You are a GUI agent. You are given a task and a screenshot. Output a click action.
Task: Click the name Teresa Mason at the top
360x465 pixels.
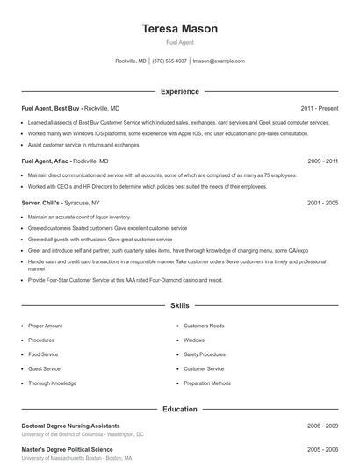pyautogui.click(x=179, y=29)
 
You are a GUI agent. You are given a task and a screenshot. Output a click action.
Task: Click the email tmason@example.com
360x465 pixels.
pyautogui.click(x=218, y=61)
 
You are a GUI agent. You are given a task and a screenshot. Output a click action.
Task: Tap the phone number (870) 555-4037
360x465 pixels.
pyautogui.click(x=169, y=61)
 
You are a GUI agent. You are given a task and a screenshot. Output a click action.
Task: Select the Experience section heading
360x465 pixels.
pyautogui.click(x=179, y=91)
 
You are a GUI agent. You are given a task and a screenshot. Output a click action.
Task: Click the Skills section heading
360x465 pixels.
pyautogui.click(x=179, y=305)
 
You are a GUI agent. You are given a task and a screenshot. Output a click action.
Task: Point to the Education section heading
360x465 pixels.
pyautogui.click(x=179, y=409)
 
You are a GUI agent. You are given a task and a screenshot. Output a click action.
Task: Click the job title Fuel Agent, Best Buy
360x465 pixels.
pyautogui.click(x=50, y=108)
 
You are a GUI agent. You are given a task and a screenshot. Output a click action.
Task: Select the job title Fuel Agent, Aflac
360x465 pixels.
pyautogui.click(x=45, y=161)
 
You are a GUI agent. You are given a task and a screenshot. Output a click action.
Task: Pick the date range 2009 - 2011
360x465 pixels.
pyautogui.click(x=322, y=161)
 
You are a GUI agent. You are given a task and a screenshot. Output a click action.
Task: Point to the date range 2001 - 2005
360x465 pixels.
pyautogui.click(x=322, y=203)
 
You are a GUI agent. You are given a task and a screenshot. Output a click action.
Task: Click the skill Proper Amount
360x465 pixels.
pyautogui.click(x=45, y=325)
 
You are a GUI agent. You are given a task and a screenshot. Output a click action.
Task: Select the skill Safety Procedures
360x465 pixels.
pyautogui.click(x=204, y=354)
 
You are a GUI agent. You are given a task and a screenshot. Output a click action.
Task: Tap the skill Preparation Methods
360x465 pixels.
pyautogui.click(x=207, y=383)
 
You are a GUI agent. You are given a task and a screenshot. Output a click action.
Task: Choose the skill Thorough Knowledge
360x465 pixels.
pyautogui.click(x=52, y=383)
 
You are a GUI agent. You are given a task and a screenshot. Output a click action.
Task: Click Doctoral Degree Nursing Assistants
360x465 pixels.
pyautogui.click(x=70, y=426)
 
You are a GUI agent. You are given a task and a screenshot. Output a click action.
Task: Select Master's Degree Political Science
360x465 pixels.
pyautogui.click(x=67, y=449)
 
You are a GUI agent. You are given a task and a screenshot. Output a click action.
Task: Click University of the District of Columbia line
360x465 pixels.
pyautogui.click(x=83, y=434)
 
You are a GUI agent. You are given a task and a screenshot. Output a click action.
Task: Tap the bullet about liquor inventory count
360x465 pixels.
pyautogui.click(x=78, y=216)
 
